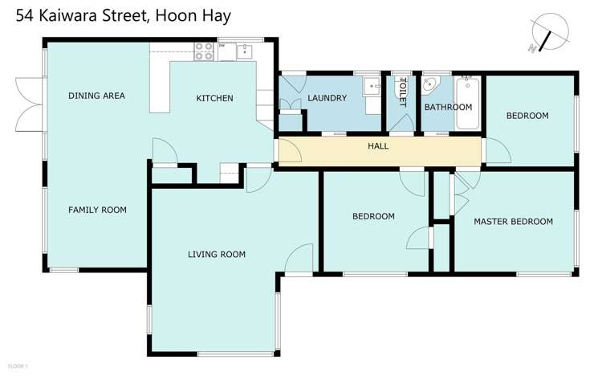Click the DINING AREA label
coord(96,96)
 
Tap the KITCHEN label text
coord(215,99)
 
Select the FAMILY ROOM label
coord(97,210)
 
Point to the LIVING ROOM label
coord(217,255)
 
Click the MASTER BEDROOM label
coord(514,222)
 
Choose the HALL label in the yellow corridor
coord(378,147)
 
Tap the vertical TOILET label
coord(403,92)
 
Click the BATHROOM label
coord(448,107)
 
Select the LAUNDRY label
coord(327,98)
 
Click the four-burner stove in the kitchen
coord(204,51)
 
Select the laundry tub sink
coord(372,86)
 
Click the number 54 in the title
coord(17,15)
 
